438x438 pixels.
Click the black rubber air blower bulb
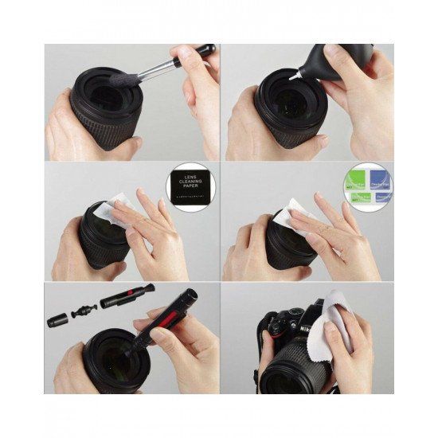[x=323, y=65]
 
